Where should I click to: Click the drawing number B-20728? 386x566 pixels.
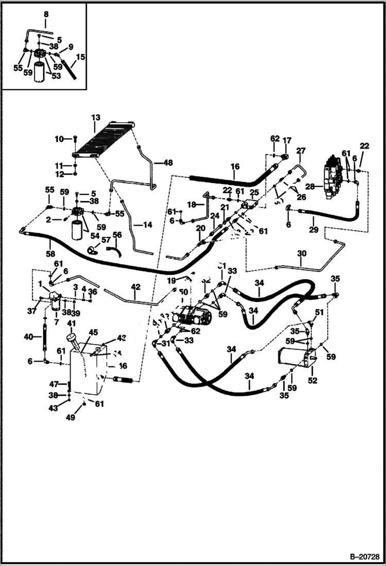(364, 557)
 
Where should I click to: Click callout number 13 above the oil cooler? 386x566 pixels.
(95, 118)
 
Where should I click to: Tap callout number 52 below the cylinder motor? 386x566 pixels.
(313, 381)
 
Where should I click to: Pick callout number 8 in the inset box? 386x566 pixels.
(45, 14)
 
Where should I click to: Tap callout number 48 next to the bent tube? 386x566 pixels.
(168, 163)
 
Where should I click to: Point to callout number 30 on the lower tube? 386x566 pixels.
(301, 253)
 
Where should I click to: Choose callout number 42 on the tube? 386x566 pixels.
(135, 287)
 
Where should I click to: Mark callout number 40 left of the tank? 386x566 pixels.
(29, 337)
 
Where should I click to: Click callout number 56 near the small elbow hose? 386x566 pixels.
(117, 235)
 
